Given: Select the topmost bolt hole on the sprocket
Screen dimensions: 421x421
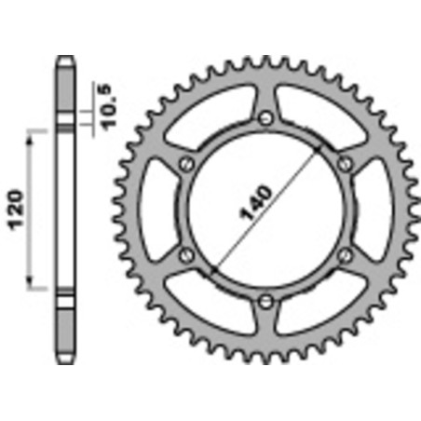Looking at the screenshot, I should click(266, 117).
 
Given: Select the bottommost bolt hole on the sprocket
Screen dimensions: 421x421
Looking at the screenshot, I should click(266, 299).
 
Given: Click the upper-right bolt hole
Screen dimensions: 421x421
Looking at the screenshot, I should click(346, 163).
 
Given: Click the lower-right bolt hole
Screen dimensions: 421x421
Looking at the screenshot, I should click(346, 254).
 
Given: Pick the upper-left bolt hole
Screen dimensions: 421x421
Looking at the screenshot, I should click(187, 163).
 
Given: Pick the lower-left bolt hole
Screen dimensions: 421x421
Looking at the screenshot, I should click(187, 254).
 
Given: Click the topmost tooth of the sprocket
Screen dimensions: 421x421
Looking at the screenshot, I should click(266, 60).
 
